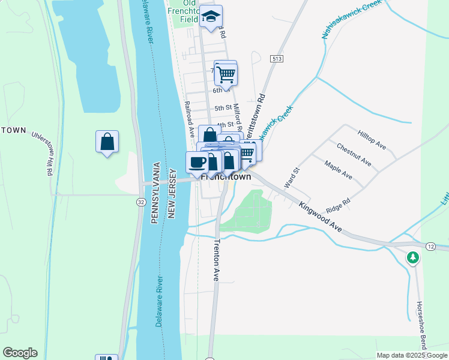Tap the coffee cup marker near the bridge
coord(197,161)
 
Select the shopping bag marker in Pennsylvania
coord(107,142)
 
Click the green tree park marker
coord(412,258)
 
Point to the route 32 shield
coord(140,203)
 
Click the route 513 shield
coord(277,58)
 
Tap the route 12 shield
coord(431,247)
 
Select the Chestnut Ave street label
coord(354,155)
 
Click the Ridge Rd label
coord(337,206)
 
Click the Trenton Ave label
coord(217,260)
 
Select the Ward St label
coord(291,179)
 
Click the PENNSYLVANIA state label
coord(155,193)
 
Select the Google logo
coord(20,353)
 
